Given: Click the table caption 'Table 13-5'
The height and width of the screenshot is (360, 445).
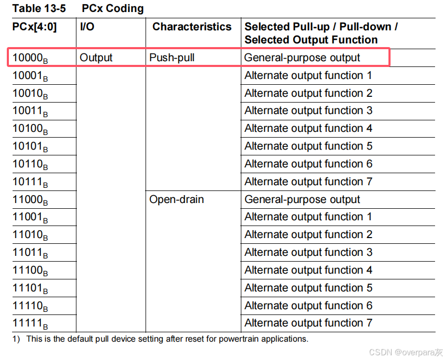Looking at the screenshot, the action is [39, 9].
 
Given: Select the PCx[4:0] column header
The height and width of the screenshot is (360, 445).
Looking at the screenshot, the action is [35, 27].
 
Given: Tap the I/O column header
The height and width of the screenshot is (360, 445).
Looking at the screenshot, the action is [87, 27].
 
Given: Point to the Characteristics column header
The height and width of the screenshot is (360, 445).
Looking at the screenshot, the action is [192, 27].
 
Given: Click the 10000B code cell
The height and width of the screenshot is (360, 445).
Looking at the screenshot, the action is [30, 58].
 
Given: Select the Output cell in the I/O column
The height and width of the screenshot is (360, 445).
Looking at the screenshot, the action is [96, 58].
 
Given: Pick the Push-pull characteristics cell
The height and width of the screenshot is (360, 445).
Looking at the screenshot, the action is [172, 58].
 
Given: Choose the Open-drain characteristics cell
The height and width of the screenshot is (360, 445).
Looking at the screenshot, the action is [176, 199].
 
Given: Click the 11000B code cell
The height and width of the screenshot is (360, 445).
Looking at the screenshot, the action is [30, 200].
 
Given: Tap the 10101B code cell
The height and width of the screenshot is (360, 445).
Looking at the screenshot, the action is [30, 147].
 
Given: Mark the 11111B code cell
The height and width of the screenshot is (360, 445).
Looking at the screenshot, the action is [30, 323].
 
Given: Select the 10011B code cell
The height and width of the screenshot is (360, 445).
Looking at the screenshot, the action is [30, 111].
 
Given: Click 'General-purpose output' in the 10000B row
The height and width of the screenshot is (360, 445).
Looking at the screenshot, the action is [302, 58].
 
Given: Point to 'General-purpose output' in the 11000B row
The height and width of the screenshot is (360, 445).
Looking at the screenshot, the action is [302, 199].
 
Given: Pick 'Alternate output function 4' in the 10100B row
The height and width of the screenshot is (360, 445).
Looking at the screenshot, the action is [308, 128].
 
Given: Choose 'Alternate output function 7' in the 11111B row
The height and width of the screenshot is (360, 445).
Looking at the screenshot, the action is [308, 323].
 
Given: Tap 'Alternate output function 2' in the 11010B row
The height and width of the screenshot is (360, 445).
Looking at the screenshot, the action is [308, 234].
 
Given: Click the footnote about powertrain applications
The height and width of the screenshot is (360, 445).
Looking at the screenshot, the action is [161, 339].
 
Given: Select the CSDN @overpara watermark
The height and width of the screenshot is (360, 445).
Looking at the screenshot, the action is [406, 352].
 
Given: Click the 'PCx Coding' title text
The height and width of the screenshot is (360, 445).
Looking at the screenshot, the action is [113, 9].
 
